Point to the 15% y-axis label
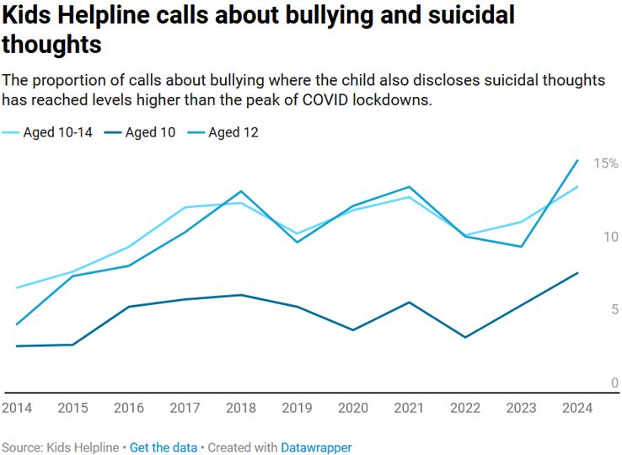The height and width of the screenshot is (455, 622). (x=606, y=163)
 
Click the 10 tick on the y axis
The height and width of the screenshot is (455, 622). (x=611, y=237)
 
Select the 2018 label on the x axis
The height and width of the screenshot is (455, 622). (x=240, y=408)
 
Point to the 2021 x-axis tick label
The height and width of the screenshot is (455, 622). (x=409, y=408)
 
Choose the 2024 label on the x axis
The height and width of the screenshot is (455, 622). (x=576, y=408)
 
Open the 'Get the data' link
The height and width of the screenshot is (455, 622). (x=164, y=447)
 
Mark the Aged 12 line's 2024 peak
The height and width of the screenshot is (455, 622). (x=577, y=160)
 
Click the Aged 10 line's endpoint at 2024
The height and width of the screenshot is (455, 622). (x=577, y=272)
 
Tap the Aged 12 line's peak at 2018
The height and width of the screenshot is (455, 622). (x=241, y=191)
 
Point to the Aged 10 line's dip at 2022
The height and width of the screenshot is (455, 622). (x=465, y=338)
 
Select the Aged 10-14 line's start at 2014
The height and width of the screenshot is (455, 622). (x=17, y=288)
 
